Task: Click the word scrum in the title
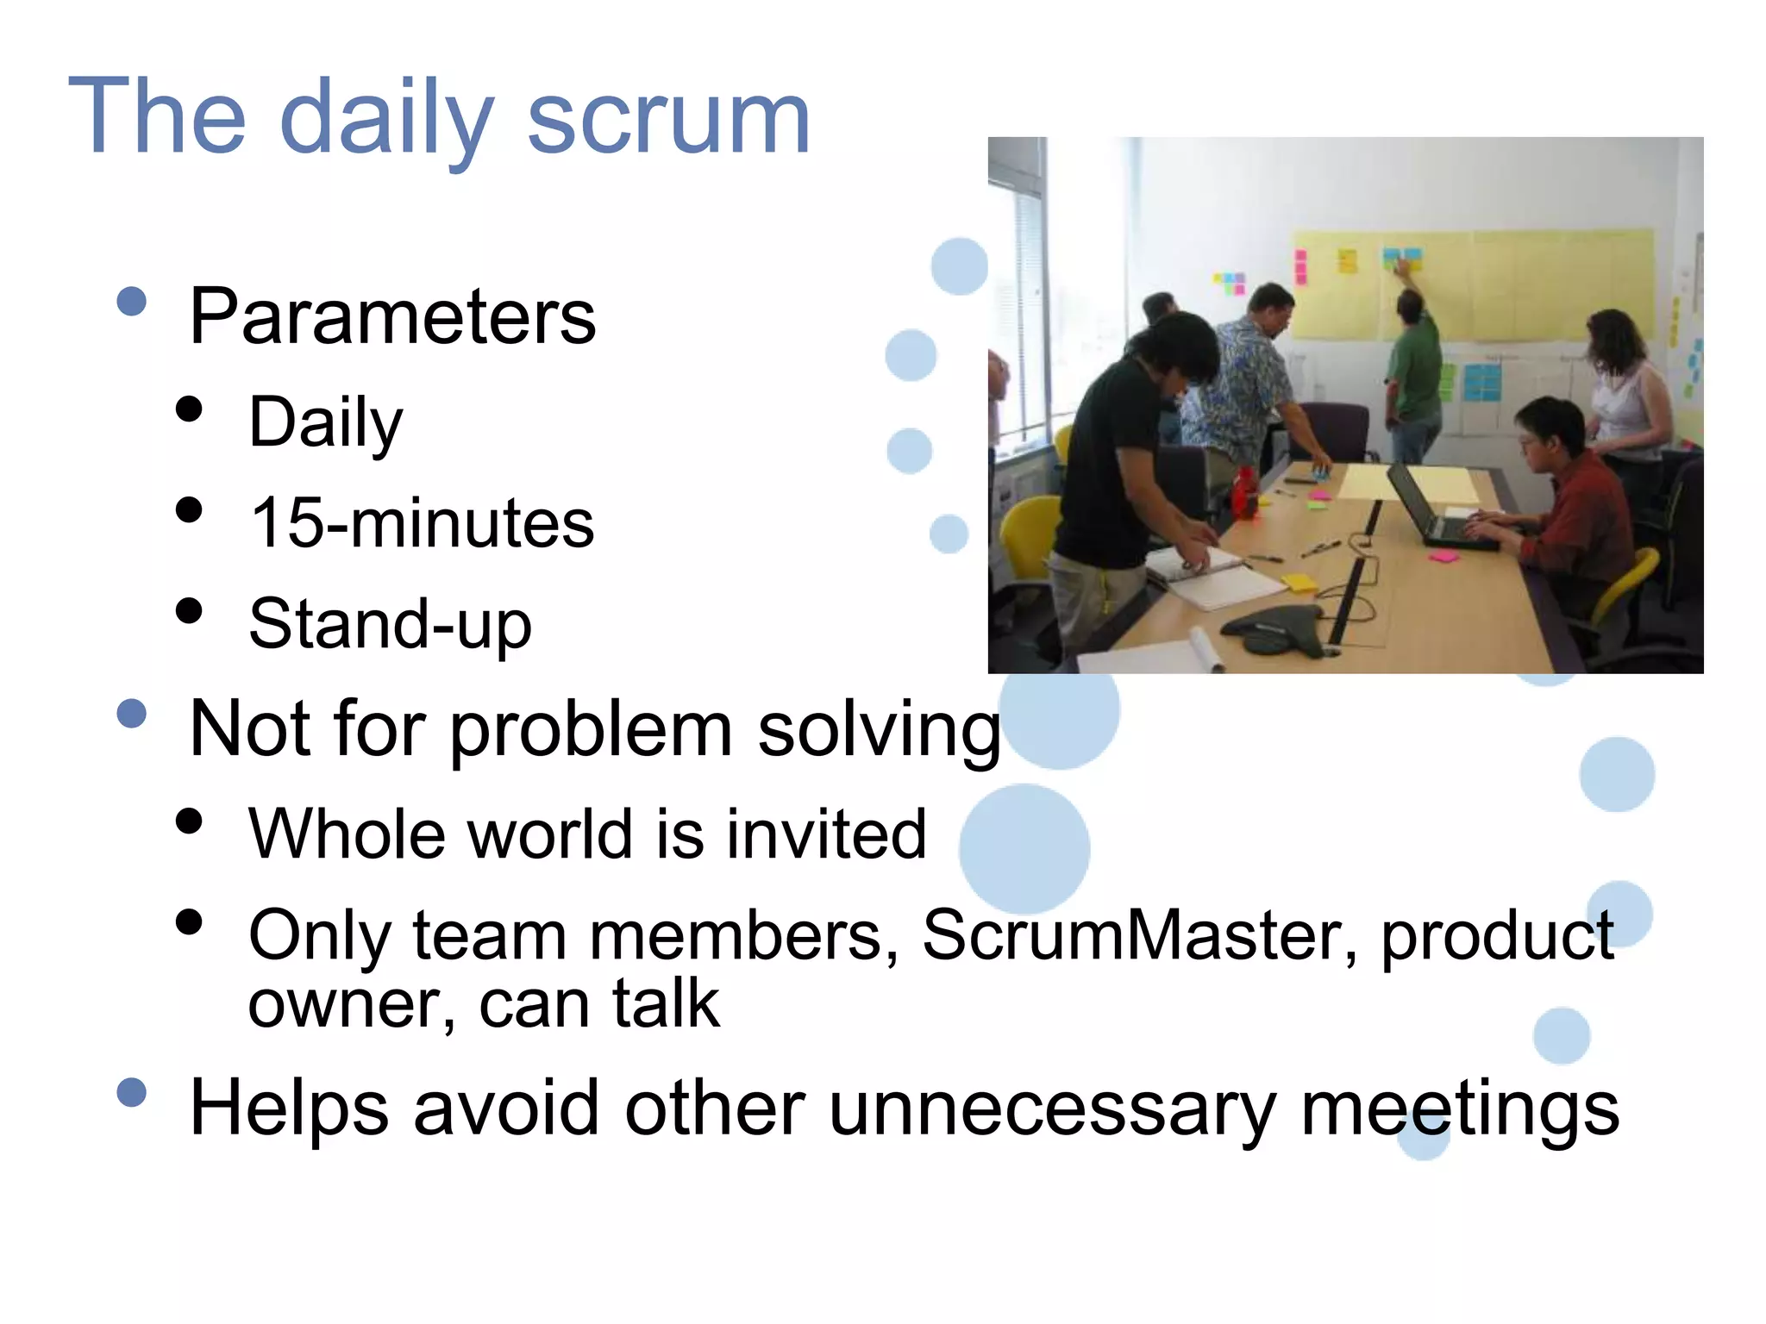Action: click(668, 118)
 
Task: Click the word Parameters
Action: click(392, 317)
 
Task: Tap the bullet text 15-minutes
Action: click(422, 523)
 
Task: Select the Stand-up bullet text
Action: click(390, 624)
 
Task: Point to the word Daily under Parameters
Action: click(326, 422)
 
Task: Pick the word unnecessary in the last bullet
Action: click(1052, 1109)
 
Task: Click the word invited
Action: click(826, 834)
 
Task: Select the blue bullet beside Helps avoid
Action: click(131, 1093)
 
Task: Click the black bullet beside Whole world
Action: click(188, 821)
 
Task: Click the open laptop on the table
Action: click(1436, 509)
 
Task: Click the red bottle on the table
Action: click(1243, 493)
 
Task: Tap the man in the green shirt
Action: click(1414, 371)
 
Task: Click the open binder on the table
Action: click(1216, 578)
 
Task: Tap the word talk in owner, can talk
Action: click(666, 1004)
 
